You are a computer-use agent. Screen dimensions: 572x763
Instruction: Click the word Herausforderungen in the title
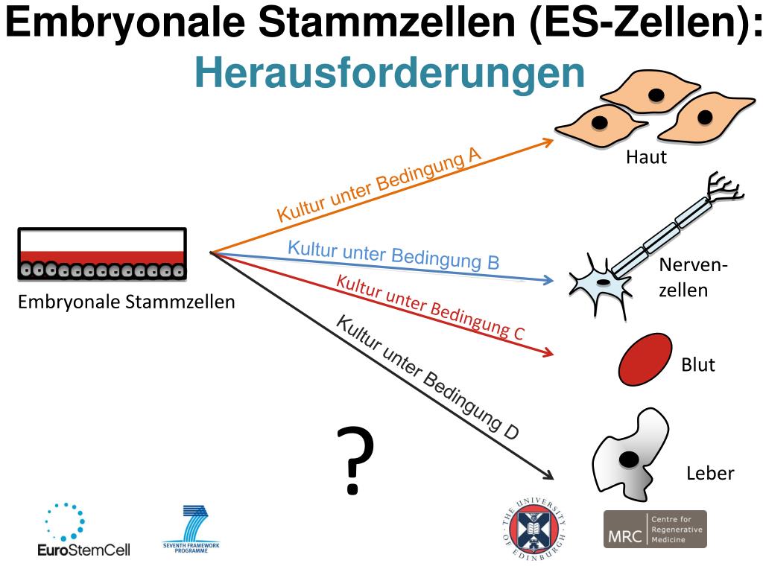tap(390, 72)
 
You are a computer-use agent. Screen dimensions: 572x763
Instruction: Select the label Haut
tap(646, 158)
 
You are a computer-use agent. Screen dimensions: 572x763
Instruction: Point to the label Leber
tap(709, 474)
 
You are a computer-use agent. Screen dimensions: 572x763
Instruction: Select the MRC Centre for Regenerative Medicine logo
tap(654, 530)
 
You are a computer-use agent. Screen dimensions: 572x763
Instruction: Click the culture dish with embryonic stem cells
tap(101, 254)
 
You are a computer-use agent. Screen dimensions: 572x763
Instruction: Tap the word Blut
tap(698, 365)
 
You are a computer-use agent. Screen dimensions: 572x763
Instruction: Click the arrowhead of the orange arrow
tap(549, 141)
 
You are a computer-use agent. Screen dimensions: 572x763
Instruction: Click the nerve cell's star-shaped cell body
tap(601, 279)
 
